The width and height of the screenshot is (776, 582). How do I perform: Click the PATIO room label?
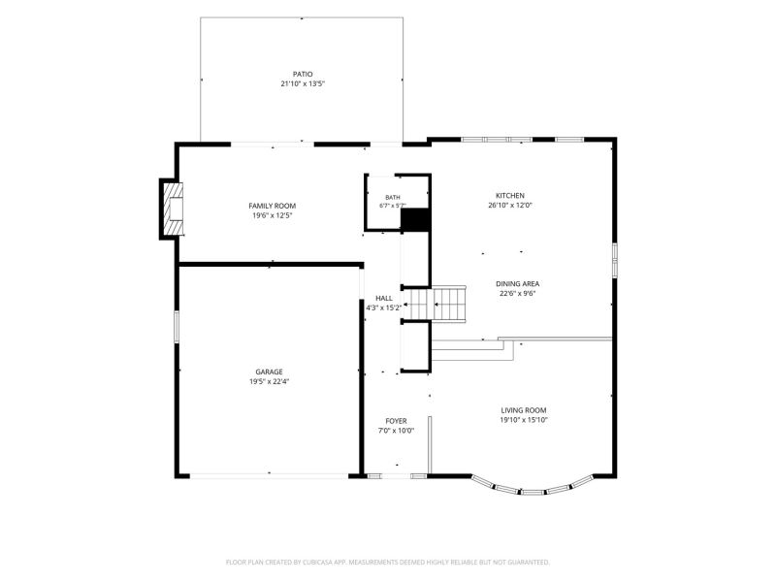click(x=303, y=75)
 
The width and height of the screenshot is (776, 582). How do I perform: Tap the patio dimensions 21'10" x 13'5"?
click(x=303, y=84)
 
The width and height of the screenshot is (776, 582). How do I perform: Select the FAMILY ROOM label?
click(x=273, y=206)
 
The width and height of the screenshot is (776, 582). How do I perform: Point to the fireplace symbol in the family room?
click(x=173, y=209)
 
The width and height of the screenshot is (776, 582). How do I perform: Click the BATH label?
click(x=393, y=198)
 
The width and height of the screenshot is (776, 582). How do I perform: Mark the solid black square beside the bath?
click(x=415, y=220)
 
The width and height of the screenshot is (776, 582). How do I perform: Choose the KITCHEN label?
click(x=510, y=196)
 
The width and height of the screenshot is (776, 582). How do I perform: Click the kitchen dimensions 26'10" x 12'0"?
click(x=510, y=206)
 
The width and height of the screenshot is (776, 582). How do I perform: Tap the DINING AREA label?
click(x=518, y=284)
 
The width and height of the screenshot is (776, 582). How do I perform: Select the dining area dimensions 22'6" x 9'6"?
click(x=518, y=294)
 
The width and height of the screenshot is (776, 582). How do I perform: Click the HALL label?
click(x=384, y=299)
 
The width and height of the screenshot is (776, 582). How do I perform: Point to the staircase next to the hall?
click(x=435, y=304)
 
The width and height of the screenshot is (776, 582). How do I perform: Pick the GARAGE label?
click(x=270, y=372)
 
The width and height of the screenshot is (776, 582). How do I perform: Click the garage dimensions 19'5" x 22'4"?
click(x=270, y=381)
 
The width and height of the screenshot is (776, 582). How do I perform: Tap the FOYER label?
click(x=397, y=421)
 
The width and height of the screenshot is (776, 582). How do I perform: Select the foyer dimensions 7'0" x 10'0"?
click(x=397, y=431)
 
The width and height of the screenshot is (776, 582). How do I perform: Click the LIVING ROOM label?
click(x=524, y=410)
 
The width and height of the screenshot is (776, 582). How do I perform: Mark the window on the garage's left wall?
click(x=177, y=327)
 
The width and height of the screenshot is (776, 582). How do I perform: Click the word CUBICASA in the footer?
click(x=325, y=563)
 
